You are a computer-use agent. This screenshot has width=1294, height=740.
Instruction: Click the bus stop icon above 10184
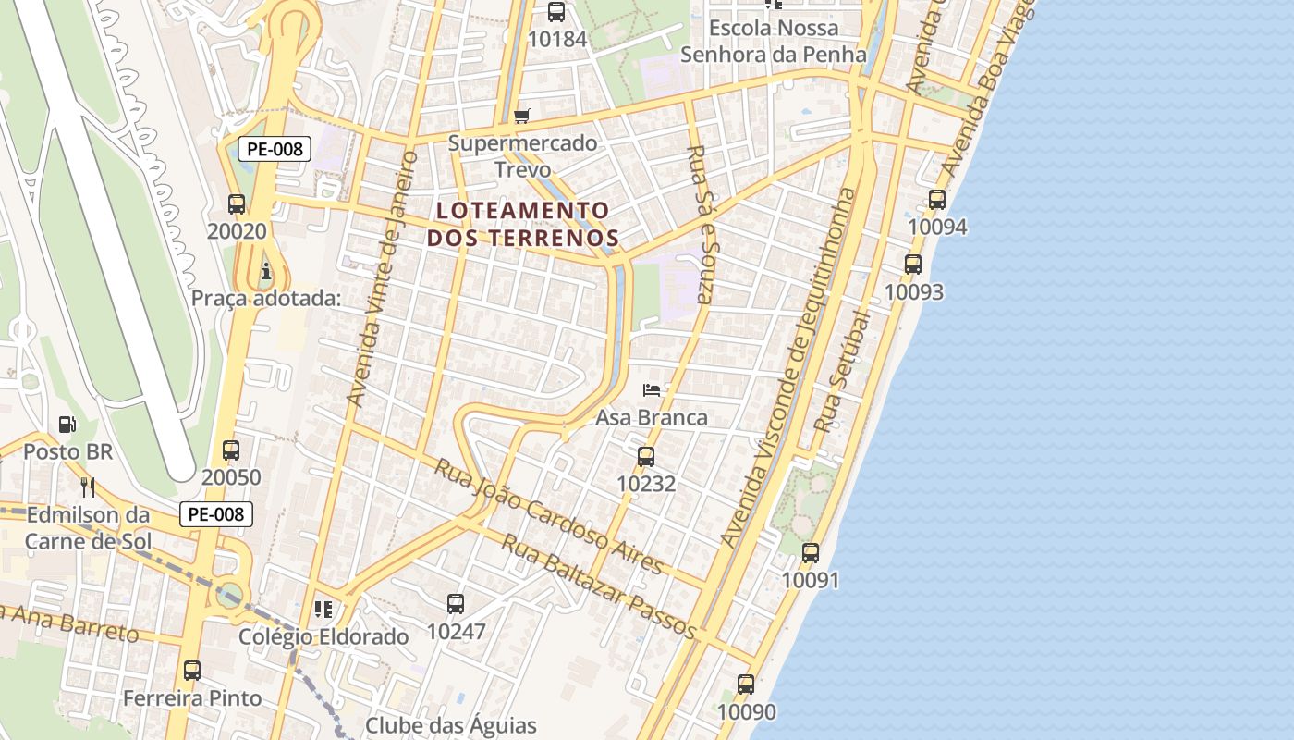(x=555, y=12)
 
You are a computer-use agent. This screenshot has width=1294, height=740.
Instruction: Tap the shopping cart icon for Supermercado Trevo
(x=522, y=117)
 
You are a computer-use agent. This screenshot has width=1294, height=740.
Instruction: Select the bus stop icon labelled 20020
(x=237, y=204)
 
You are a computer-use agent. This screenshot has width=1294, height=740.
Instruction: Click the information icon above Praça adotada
(x=266, y=271)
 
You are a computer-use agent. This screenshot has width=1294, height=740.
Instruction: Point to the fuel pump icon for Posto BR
(x=67, y=425)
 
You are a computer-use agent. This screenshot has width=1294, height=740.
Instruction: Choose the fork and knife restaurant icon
(x=88, y=487)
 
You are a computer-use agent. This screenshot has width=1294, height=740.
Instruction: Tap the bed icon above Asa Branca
(x=652, y=389)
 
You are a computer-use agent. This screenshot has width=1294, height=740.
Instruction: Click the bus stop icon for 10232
(x=646, y=456)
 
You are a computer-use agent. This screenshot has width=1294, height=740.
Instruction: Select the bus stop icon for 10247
(x=456, y=604)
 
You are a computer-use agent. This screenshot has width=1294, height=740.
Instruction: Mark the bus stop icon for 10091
(x=811, y=553)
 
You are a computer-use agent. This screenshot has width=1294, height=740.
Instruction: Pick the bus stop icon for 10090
(x=746, y=684)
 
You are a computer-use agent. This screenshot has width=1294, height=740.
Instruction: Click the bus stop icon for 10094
(x=937, y=200)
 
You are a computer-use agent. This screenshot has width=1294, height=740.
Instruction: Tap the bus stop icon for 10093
(x=913, y=265)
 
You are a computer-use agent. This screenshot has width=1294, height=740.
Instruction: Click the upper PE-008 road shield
(x=275, y=148)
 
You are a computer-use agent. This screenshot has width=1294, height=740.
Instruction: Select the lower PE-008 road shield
(x=215, y=514)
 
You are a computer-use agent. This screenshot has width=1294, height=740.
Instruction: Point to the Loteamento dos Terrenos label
(x=522, y=224)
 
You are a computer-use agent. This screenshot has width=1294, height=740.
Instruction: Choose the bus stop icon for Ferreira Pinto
(x=192, y=671)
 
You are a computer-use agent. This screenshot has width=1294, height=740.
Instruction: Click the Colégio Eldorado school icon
(x=323, y=609)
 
